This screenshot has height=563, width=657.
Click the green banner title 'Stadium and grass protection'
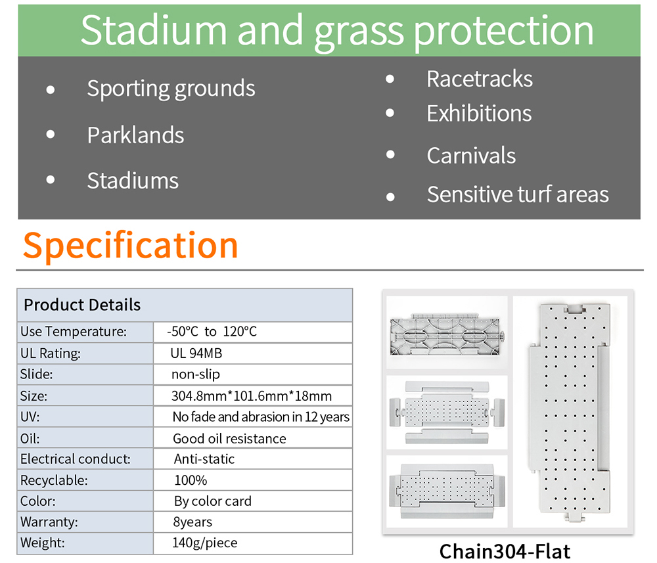[337, 31]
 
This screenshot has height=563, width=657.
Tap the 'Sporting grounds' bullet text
[171, 89]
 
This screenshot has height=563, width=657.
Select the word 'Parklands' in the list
[135, 135]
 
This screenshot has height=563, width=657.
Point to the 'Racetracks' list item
[480, 79]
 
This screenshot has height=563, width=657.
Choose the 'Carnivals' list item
[471, 156]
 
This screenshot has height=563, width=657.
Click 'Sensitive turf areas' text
[518, 194]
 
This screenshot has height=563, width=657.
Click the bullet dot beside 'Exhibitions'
[390, 113]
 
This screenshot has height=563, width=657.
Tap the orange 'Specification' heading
[131, 246]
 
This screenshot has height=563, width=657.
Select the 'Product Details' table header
[82, 305]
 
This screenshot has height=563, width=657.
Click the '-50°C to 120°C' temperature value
[212, 331]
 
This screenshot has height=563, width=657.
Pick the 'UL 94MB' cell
[196, 353]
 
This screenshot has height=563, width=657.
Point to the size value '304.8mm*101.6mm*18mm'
[252, 396]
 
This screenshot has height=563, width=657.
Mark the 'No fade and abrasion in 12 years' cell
[261, 417]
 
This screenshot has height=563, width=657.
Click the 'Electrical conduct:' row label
[76, 459]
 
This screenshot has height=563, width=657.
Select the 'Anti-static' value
[204, 459]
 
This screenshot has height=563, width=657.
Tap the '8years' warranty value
[193, 522]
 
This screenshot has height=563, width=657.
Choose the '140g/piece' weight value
[204, 543]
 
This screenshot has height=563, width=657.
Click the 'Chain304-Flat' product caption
[505, 551]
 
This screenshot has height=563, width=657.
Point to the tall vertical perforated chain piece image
[570, 412]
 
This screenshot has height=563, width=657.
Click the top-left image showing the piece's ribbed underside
[447, 334]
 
